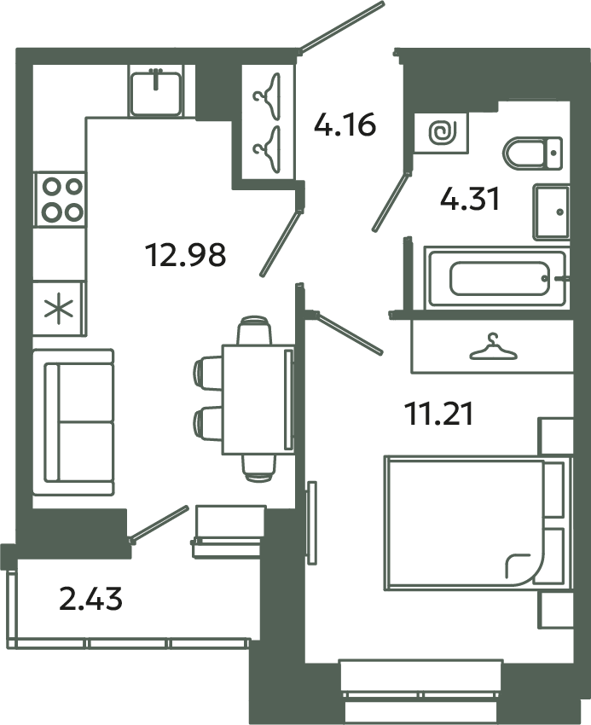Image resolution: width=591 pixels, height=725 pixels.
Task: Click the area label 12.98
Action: (186, 253)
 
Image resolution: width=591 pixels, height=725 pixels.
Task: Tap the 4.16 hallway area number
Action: (345, 125)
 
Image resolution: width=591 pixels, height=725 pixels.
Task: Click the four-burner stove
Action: (60, 198)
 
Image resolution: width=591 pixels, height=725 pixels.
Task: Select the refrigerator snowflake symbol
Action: (60, 308)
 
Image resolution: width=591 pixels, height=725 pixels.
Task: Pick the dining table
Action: (257, 399)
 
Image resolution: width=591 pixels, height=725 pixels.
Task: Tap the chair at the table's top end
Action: (254, 330)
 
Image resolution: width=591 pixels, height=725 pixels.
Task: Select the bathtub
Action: (496, 277)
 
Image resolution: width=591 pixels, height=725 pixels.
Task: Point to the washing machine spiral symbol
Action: (442, 132)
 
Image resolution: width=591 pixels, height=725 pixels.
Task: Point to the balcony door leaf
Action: (159, 521)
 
